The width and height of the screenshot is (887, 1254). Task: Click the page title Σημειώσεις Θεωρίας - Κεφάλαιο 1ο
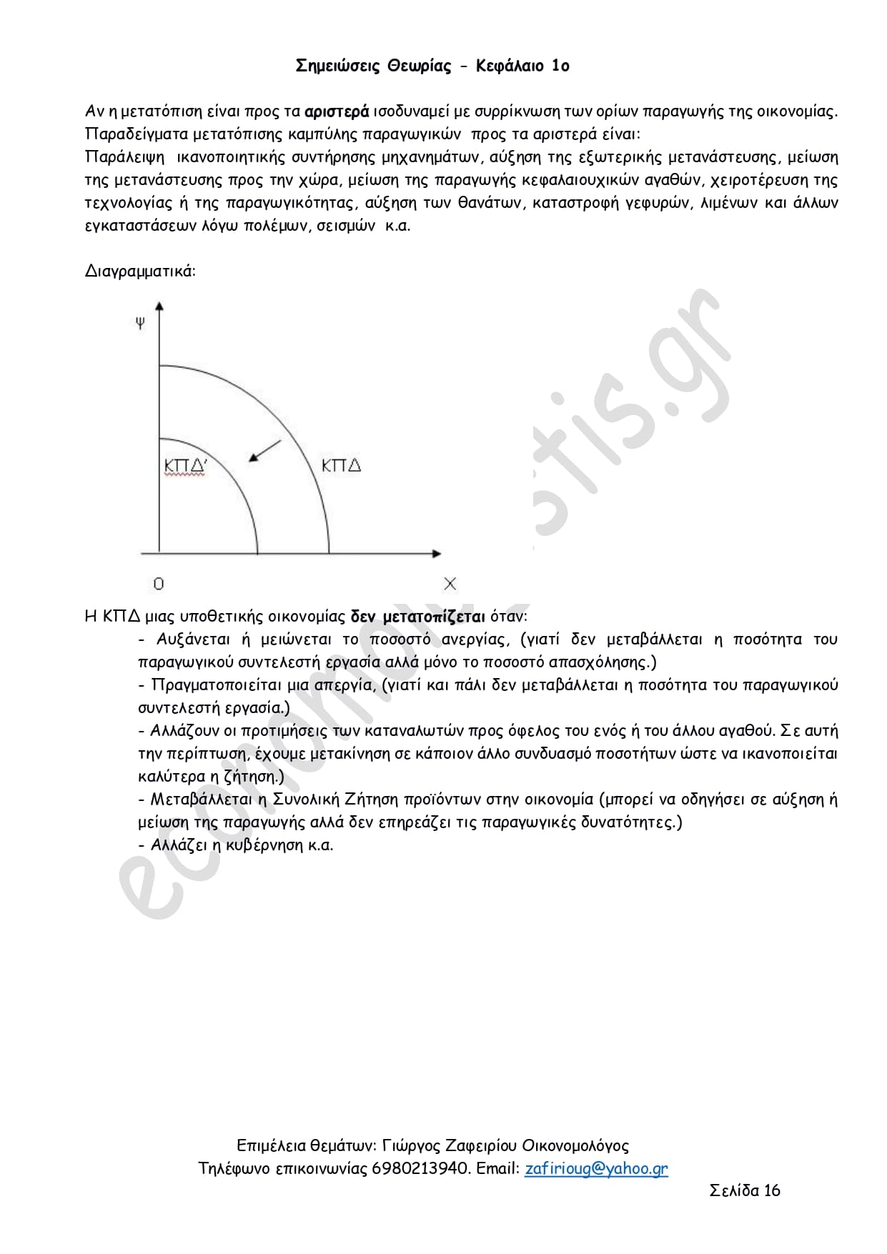pos(432,66)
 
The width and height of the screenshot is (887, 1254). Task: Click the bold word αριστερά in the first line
pos(337,111)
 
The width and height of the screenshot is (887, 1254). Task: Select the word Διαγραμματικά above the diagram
pos(140,272)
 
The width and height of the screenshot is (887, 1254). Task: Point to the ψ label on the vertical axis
pos(140,323)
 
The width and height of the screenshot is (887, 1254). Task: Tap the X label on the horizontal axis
pos(450,584)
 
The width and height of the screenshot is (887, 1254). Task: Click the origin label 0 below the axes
pos(159,584)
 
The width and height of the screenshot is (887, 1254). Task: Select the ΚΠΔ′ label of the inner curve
pos(185,466)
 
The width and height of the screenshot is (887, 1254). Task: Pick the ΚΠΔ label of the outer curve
pos(341,466)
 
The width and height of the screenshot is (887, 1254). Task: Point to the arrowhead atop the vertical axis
pos(159,307)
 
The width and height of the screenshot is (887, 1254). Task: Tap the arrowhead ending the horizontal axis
pos(436,553)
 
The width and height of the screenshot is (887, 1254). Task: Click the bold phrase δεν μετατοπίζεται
pos(418,617)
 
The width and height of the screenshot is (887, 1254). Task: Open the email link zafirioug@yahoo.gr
pos(596,1168)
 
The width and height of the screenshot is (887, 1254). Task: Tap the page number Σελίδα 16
pos(745,1190)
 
